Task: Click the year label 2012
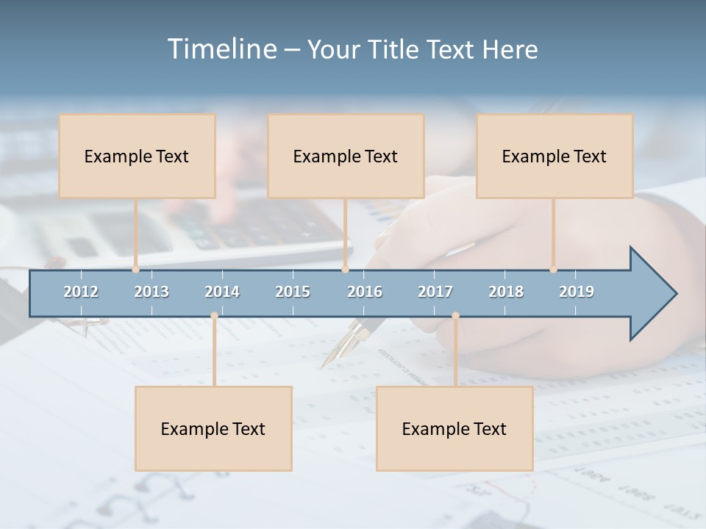(x=81, y=292)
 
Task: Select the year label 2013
(x=151, y=292)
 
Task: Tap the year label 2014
(x=222, y=292)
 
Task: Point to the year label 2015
(x=293, y=292)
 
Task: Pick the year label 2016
(x=365, y=292)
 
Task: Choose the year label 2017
(x=435, y=292)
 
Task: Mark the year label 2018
(x=506, y=292)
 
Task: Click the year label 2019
(x=577, y=292)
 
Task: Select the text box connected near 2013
(x=137, y=156)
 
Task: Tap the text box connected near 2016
(x=346, y=156)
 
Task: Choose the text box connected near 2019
(x=555, y=156)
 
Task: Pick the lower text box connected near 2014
(x=213, y=428)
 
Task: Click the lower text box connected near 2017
(x=454, y=428)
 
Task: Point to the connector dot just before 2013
(x=136, y=270)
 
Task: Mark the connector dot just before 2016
(x=345, y=270)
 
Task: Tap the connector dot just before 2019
(x=553, y=270)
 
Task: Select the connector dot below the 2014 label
(x=214, y=316)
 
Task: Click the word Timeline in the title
(x=221, y=48)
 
